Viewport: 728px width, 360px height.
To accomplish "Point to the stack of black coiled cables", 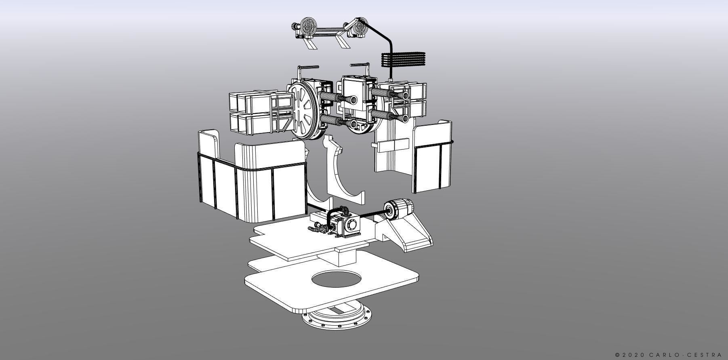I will (x=404, y=60).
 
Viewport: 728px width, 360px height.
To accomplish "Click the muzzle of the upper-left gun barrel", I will (x=337, y=98).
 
